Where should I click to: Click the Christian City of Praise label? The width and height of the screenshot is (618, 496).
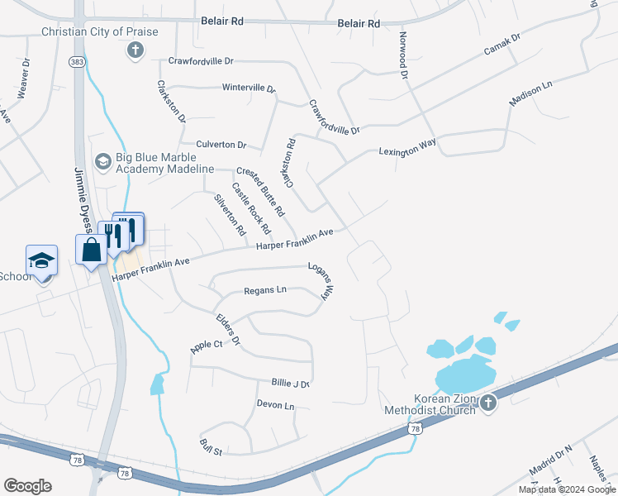[99, 31]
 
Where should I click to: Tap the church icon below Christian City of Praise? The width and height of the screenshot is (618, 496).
[135, 50]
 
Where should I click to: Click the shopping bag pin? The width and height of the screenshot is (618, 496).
[90, 249]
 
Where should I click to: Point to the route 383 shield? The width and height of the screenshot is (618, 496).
[77, 62]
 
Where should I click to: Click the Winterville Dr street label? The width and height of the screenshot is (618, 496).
[248, 88]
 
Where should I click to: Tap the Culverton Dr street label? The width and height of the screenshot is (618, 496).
[221, 145]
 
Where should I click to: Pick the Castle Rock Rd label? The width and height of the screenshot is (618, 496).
[250, 207]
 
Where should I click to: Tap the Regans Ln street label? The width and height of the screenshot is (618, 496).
[264, 290]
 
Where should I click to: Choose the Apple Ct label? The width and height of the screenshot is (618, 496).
[207, 346]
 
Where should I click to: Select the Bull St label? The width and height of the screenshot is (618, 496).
[212, 446]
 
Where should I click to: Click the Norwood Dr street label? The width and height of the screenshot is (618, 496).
[403, 56]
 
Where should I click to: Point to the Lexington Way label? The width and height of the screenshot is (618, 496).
[406, 148]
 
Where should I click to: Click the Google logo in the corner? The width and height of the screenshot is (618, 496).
[27, 486]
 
